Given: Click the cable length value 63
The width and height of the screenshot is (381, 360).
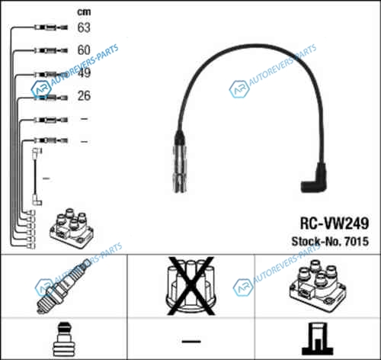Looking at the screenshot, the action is coord(84,27).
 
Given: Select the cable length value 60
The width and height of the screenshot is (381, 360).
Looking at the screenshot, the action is coord(84,50).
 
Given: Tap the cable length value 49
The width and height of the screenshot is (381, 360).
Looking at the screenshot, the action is coord(84,72).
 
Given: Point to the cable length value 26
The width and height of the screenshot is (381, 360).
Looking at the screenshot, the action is coord(84,95).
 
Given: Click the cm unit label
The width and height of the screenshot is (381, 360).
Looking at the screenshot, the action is coord(84,11).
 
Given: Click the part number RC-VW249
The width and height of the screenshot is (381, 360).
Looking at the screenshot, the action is coord(335,223).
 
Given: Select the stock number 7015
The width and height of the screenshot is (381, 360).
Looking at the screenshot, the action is coord(357,241).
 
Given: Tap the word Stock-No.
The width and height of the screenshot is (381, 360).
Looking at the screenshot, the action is coord(316,241).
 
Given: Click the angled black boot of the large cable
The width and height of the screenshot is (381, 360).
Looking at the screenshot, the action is coord(315,178).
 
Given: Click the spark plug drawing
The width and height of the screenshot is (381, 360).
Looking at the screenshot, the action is coord(63,286).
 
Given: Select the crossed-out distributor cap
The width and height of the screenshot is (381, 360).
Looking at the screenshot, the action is coord(191,286).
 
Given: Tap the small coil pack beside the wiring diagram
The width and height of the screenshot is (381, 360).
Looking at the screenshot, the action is coord(72,228).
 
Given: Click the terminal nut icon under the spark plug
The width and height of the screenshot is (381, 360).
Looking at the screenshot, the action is coord(64,339).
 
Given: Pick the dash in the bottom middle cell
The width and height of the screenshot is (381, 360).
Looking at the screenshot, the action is coord(191,341).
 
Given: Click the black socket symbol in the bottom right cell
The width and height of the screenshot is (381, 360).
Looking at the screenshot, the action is coord(318,339).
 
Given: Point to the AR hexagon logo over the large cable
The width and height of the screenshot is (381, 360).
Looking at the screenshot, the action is coord(239,89).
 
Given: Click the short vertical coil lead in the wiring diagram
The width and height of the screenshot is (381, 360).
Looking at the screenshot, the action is coord(36,177).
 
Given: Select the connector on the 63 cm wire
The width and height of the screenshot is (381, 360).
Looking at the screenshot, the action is coord(51,27).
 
